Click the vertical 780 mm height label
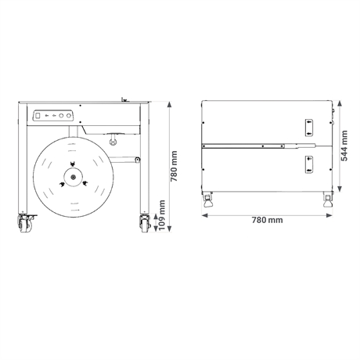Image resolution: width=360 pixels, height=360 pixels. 174,166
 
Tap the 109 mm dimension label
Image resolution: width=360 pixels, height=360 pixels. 162,215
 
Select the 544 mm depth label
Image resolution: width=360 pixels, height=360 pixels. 344,146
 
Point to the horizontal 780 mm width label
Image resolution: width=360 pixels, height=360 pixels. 267,220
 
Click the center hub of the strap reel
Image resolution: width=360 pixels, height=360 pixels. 74,177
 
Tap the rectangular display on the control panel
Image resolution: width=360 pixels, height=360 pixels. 38,115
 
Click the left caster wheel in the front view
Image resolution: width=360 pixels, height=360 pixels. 25,224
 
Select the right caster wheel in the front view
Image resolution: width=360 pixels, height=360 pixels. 145,224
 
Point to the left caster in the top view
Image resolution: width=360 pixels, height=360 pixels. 207,200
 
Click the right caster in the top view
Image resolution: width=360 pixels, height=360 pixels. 328,200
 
